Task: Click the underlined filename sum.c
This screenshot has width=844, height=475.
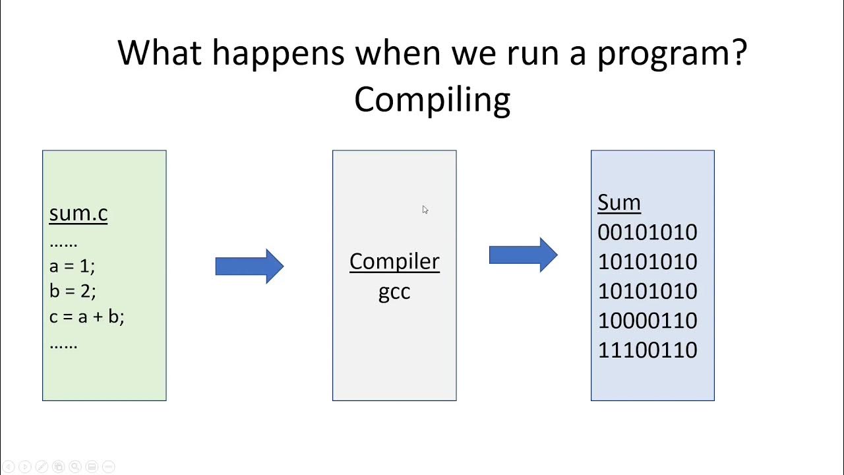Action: pyautogui.click(x=78, y=214)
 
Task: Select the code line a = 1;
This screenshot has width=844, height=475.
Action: pyautogui.click(x=72, y=266)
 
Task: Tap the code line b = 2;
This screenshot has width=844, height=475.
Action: pyautogui.click(x=73, y=291)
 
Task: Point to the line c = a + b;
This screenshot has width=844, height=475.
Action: pyautogui.click(x=86, y=317)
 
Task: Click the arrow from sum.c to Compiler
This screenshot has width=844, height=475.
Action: pyautogui.click(x=249, y=266)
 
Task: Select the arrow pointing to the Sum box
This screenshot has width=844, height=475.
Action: pyautogui.click(x=523, y=255)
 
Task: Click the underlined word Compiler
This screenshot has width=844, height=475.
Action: pyautogui.click(x=394, y=261)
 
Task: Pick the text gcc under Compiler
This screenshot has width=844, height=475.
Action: pyautogui.click(x=394, y=291)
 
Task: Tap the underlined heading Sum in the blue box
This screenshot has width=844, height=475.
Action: pyautogui.click(x=618, y=203)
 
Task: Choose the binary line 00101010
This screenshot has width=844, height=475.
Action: pyautogui.click(x=647, y=232)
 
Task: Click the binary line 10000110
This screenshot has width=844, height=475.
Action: pyautogui.click(x=647, y=321)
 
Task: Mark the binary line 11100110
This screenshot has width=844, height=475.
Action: pyautogui.click(x=647, y=350)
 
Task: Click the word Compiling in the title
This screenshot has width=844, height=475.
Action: pyautogui.click(x=432, y=100)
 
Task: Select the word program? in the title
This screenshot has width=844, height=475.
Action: pyautogui.click(x=671, y=53)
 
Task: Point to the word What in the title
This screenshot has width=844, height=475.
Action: pyautogui.click(x=160, y=52)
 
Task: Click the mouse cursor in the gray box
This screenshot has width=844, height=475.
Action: pyautogui.click(x=425, y=209)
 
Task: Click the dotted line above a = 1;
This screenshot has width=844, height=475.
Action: pyautogui.click(x=63, y=243)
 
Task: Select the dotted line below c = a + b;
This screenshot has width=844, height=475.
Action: pyautogui.click(x=63, y=344)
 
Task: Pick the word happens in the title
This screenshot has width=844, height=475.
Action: pyautogui.click(x=278, y=53)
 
